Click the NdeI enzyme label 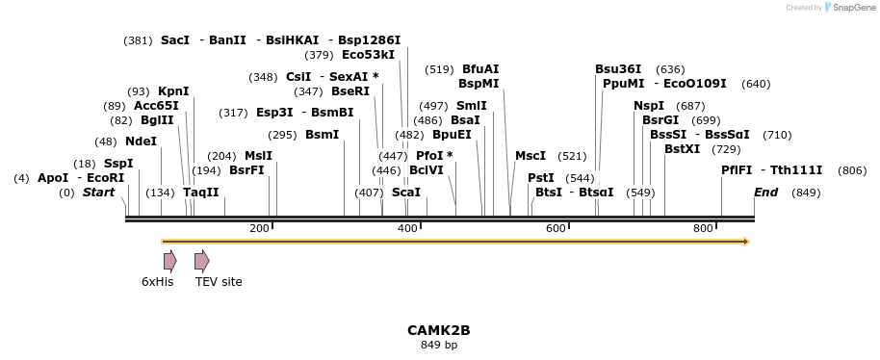click(141, 141)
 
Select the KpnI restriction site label click(173, 91)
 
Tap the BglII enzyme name click(157, 120)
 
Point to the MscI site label click(530, 156)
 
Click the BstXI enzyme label click(682, 149)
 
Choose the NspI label click(648, 106)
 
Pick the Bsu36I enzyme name click(618, 69)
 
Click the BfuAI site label click(480, 69)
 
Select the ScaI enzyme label click(406, 193)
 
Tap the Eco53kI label click(368, 55)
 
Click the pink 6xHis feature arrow click(169, 260)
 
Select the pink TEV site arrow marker click(201, 260)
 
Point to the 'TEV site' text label click(219, 282)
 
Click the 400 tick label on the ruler click(407, 228)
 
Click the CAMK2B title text click(438, 330)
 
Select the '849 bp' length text click(438, 345)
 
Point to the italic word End click(765, 193)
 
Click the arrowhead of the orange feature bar click(745, 241)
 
